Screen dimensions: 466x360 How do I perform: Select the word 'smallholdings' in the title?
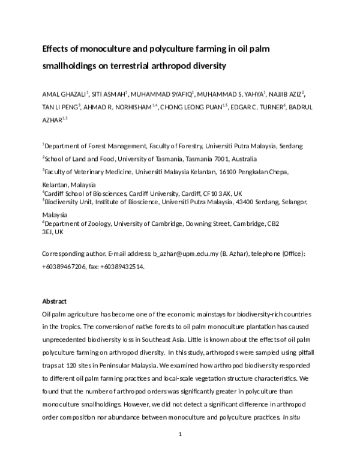(72, 66)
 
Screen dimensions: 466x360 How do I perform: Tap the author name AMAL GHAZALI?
(64, 94)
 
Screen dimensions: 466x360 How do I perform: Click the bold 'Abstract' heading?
(54, 301)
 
